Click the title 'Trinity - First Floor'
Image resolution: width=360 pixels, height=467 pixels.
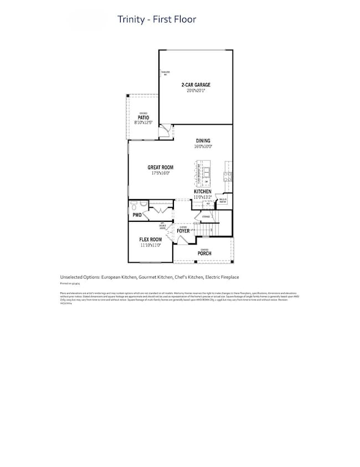(156, 20)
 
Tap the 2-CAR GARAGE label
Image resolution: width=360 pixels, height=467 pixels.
(196, 85)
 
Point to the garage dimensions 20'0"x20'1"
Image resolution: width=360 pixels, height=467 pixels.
(196, 91)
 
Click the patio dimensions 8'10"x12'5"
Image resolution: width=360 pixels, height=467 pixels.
(143, 123)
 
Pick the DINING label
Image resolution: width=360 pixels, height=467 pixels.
(203, 141)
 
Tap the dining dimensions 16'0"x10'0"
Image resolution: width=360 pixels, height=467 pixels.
(203, 147)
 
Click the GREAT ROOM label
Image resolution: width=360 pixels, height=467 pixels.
(160, 168)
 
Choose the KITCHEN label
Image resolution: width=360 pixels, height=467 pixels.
(202, 191)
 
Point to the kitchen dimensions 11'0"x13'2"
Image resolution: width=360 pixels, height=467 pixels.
(202, 197)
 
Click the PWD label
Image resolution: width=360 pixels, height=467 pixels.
(137, 215)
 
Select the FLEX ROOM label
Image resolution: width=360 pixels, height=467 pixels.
(150, 239)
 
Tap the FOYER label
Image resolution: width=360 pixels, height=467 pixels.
(183, 231)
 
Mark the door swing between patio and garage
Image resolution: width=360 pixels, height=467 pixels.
(164, 132)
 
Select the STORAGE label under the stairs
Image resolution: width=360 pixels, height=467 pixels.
(205, 217)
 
